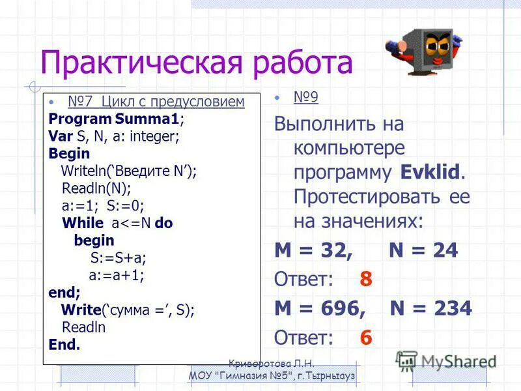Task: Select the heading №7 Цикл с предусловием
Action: pos(156,102)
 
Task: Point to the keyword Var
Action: pos(59,137)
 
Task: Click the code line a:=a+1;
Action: pos(116,275)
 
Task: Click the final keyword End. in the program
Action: pos(64,345)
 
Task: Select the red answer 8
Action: pos(366,279)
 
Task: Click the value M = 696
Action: pos(320,308)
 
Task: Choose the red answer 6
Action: pos(366,338)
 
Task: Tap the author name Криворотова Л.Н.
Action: pos(272,364)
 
